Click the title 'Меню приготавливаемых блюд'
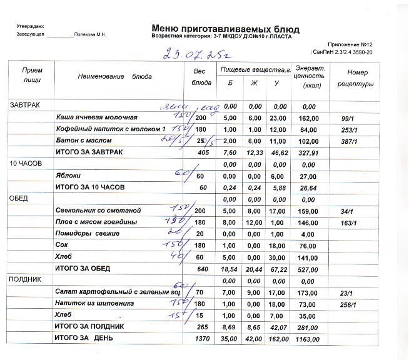point(225,29)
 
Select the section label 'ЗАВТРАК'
point(24,106)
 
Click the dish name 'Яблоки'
point(68,176)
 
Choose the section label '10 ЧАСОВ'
point(25,164)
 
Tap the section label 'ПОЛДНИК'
point(25,280)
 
